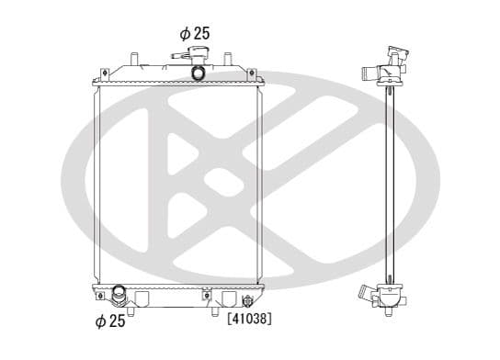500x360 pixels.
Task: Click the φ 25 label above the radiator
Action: pyautogui.click(x=195, y=33)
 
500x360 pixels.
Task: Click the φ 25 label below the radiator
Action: pyautogui.click(x=110, y=321)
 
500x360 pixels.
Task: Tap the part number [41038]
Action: pyautogui.click(x=250, y=319)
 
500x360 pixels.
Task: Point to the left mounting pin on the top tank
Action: pyautogui.click(x=134, y=59)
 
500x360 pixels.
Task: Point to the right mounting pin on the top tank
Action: pyautogui.click(x=228, y=59)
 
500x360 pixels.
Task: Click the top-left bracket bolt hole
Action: pyautogui.click(x=105, y=73)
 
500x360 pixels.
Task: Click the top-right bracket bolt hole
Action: pyautogui.click(x=251, y=73)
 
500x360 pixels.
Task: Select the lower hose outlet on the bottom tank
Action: pyautogui.click(x=119, y=295)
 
